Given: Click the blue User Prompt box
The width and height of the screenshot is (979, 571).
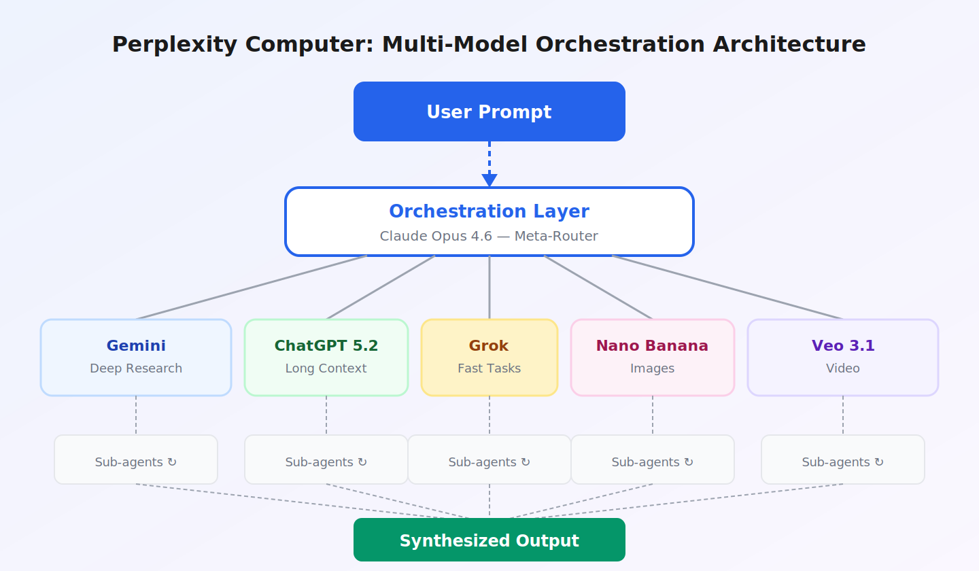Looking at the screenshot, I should [x=489, y=111].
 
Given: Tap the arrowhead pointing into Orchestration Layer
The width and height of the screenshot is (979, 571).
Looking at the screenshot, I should [x=489, y=180].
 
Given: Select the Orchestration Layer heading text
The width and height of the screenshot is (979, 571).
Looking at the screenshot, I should [x=489, y=211].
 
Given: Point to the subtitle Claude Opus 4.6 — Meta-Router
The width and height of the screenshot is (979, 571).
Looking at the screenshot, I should [x=489, y=236].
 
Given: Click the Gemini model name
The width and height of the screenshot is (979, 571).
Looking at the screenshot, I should [x=136, y=346].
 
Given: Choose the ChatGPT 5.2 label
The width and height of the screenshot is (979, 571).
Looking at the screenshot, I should [x=326, y=346].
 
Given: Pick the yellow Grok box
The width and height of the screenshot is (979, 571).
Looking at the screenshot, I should [x=489, y=358].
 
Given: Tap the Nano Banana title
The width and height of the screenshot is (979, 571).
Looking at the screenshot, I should [x=652, y=346].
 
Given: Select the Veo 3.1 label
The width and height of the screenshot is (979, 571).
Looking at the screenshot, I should [x=843, y=346].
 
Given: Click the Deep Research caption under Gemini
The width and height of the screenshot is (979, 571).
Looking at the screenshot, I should [x=136, y=368].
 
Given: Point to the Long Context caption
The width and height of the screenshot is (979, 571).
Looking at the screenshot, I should [x=326, y=368].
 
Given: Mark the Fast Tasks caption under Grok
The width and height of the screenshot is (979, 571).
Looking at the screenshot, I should [x=489, y=368].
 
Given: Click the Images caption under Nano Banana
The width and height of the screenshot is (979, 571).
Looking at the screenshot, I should [x=652, y=368].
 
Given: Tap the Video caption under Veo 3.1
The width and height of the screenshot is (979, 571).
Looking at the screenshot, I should [x=843, y=368].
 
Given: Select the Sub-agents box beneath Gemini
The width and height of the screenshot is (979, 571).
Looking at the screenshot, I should [x=136, y=460].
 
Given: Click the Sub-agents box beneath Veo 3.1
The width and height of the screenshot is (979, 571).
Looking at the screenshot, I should [x=843, y=460].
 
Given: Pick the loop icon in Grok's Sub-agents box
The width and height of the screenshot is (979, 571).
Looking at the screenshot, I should [x=526, y=462].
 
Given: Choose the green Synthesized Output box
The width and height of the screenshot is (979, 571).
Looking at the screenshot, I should [x=489, y=540].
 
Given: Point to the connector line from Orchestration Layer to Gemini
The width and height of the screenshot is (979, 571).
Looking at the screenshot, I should [x=252, y=287].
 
